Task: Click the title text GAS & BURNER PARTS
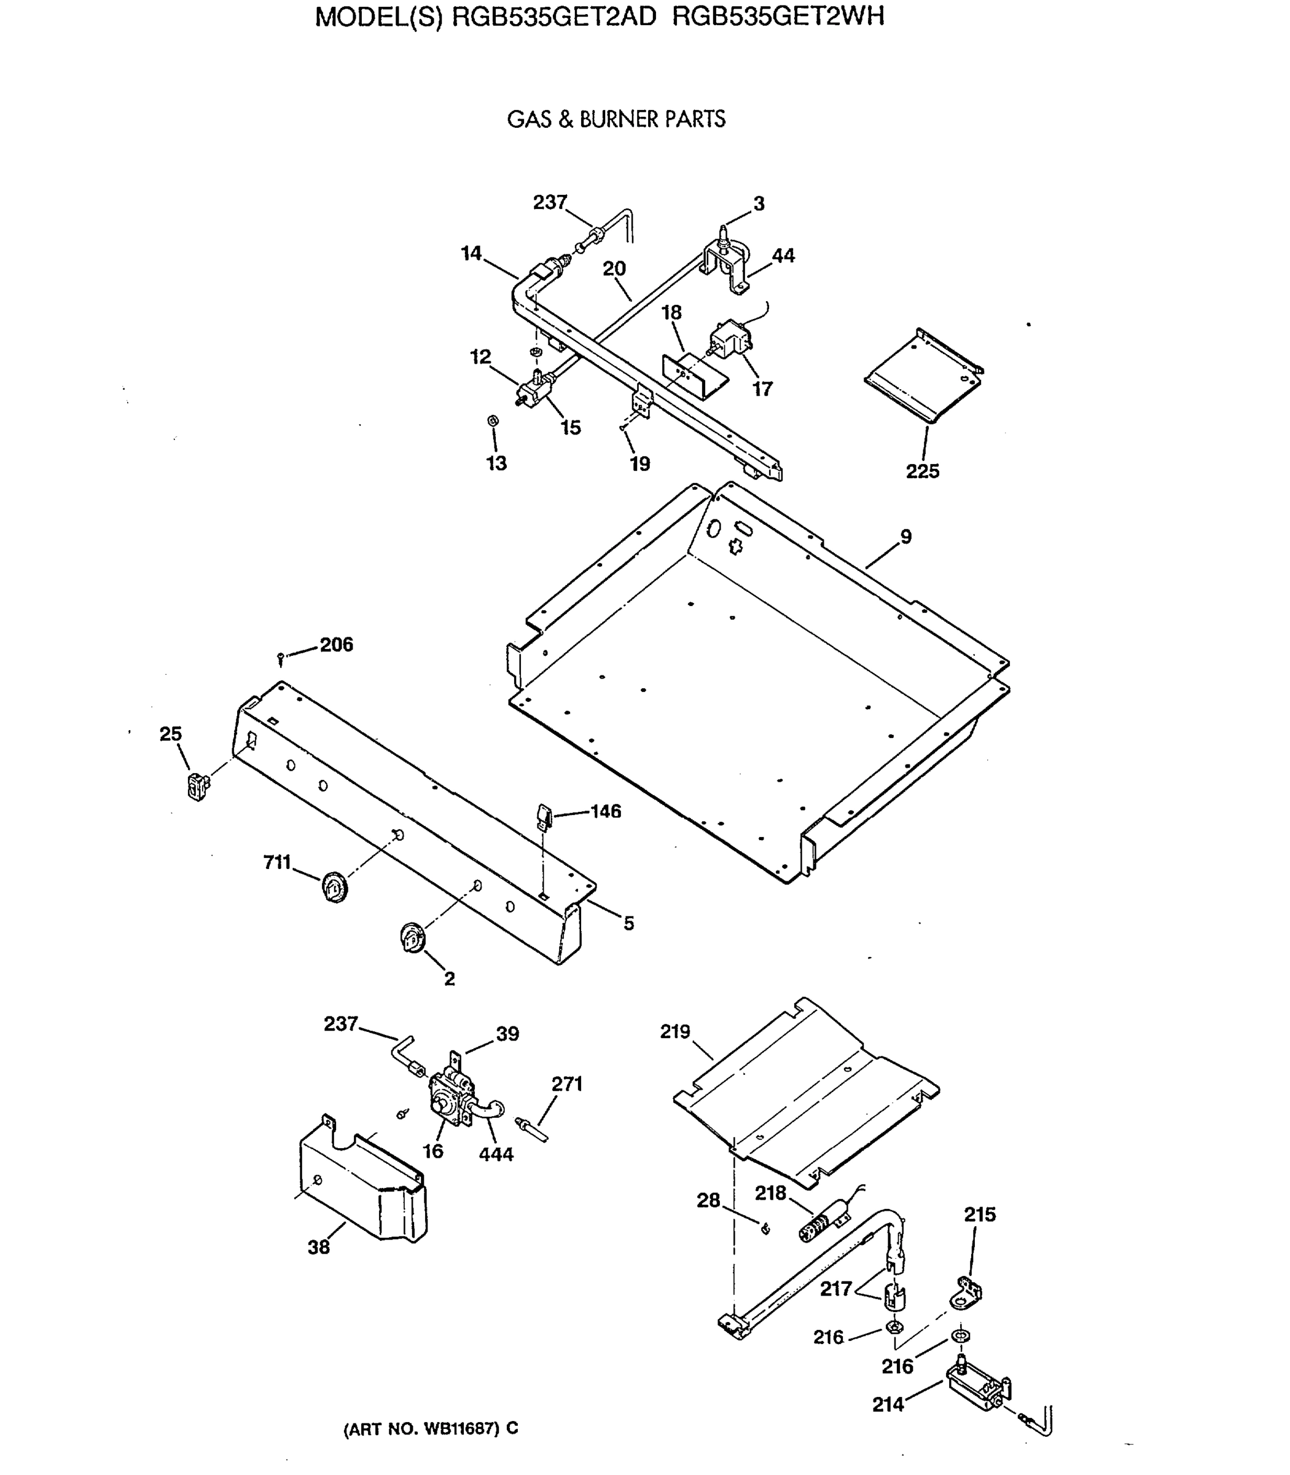(616, 120)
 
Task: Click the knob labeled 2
(412, 939)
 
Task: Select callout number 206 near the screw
(336, 645)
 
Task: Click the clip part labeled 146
(544, 817)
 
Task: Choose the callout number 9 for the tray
(905, 537)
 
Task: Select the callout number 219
(674, 1032)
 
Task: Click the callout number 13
(497, 463)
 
